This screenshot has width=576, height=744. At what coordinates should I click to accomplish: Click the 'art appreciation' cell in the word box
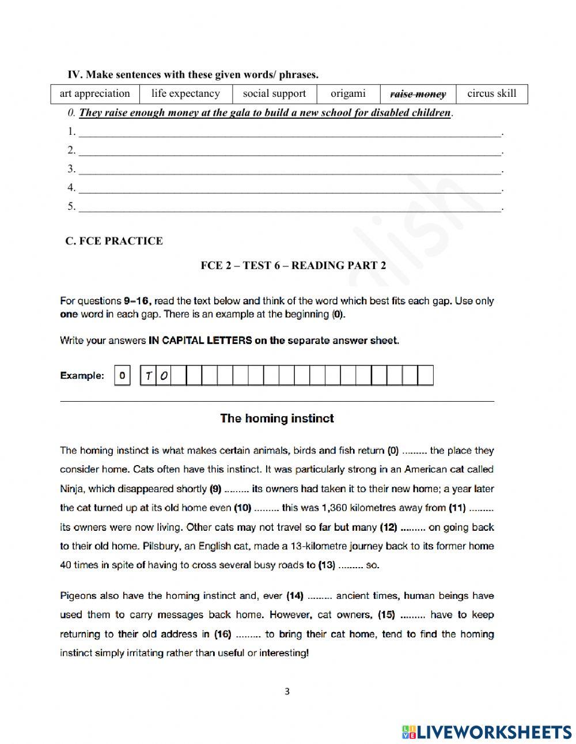[x=94, y=93]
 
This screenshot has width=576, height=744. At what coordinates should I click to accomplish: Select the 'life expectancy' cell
[x=185, y=93]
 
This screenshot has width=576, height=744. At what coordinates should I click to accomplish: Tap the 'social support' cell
[x=274, y=93]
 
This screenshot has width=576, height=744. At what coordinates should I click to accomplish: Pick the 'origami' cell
[x=348, y=93]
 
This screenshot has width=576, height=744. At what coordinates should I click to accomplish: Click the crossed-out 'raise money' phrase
[x=418, y=94]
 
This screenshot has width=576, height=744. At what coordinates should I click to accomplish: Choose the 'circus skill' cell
[x=491, y=93]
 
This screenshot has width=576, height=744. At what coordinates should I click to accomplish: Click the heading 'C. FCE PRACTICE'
[x=114, y=241]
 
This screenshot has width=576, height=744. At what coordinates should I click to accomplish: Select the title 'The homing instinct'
[x=276, y=418]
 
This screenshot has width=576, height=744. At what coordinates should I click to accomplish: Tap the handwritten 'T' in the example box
[x=149, y=376]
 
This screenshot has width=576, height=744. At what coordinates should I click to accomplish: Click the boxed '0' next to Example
[x=122, y=376]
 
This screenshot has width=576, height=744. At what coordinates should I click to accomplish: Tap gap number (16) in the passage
[x=248, y=634]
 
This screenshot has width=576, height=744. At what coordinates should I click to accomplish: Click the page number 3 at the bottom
[x=287, y=692]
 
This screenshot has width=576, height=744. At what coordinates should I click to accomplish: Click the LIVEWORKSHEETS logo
[x=487, y=731]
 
